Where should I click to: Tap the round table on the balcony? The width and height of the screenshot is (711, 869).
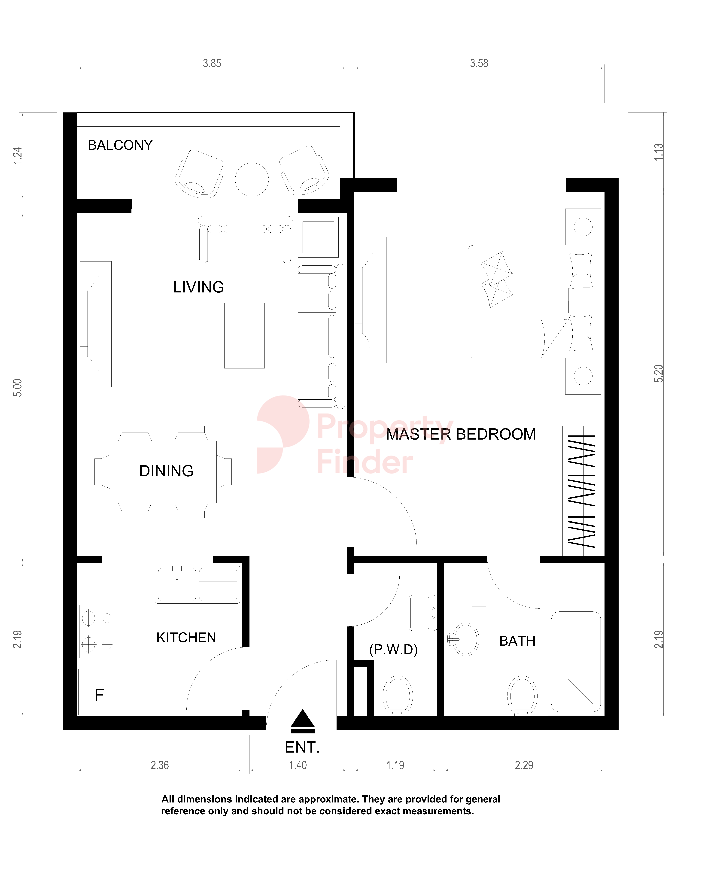[252, 179]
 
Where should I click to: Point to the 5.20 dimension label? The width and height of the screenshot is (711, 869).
[658, 374]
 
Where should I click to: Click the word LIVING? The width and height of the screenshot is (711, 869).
[199, 287]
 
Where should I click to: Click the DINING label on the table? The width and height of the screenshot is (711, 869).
[166, 471]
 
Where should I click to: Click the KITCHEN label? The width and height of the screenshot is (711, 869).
[186, 638]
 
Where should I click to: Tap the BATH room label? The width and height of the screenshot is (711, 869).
[517, 641]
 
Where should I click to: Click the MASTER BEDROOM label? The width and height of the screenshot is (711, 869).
[461, 434]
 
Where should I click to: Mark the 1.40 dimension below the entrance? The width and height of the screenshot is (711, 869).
[298, 765]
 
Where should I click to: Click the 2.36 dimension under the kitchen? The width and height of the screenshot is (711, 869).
[160, 765]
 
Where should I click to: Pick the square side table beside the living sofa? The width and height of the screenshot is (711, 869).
[318, 237]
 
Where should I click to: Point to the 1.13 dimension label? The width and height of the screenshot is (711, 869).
[658, 152]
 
